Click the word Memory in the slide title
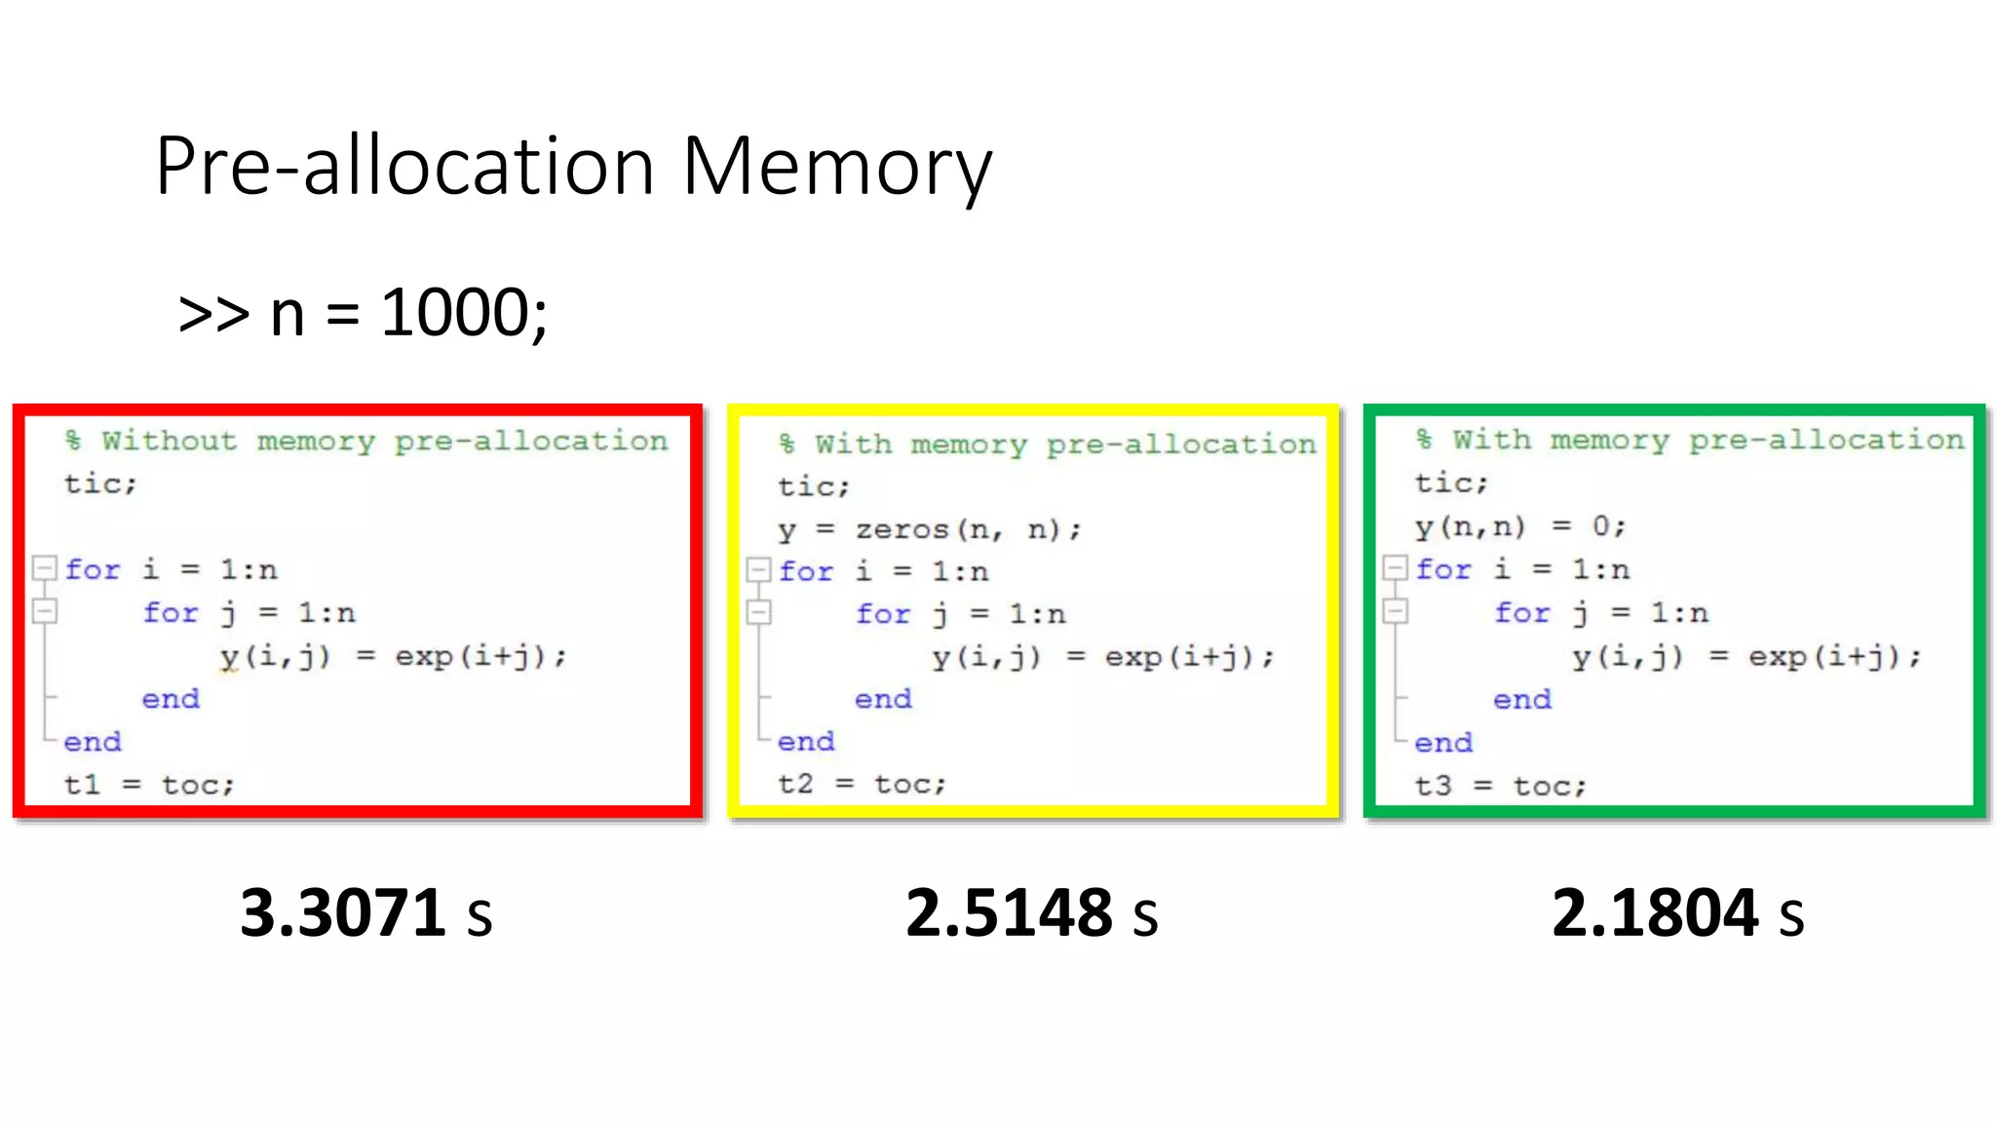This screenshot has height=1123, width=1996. point(836,168)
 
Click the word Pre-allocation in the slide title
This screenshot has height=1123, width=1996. point(404,168)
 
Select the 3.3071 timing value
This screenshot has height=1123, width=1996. point(342,913)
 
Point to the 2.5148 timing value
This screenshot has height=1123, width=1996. point(1008,913)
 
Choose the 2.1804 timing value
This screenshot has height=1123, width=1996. point(1654,913)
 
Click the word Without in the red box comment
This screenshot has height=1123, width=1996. point(170,441)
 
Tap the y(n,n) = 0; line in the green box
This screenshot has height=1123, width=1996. point(1519,526)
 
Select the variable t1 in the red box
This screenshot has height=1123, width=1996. point(82,785)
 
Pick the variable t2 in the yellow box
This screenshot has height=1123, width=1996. point(795,784)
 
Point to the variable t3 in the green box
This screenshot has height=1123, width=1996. point(1433,786)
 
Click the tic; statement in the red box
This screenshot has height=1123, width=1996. point(100,484)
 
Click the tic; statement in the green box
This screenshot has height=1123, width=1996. point(1451,483)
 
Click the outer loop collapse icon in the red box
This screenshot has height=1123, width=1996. point(45,567)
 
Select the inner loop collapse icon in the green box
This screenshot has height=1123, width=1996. point(1396,611)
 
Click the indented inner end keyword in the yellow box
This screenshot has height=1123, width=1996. point(883,699)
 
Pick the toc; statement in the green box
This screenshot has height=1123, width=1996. point(1550,786)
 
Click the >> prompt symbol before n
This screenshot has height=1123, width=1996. point(213,314)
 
